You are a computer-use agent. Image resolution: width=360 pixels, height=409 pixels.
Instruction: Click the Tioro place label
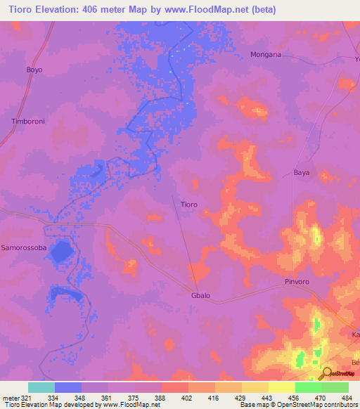click(188, 204)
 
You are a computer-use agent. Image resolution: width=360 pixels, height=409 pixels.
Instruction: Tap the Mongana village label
click(266, 54)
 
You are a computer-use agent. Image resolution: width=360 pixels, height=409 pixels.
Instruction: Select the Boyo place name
click(34, 70)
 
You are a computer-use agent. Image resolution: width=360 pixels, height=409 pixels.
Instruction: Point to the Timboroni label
click(28, 122)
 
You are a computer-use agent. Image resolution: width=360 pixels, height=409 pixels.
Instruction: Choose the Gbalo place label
click(200, 296)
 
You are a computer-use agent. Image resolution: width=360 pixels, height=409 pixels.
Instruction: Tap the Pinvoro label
click(298, 282)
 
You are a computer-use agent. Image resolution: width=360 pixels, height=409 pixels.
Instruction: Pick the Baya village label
click(301, 172)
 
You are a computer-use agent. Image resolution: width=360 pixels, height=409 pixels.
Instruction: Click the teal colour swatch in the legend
click(41, 387)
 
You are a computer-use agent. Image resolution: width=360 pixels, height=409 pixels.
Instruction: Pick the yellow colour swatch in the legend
click(282, 387)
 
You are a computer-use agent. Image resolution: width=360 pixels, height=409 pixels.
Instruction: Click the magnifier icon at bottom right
click(328, 373)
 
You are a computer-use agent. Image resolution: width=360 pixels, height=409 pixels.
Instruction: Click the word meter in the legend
click(10, 398)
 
